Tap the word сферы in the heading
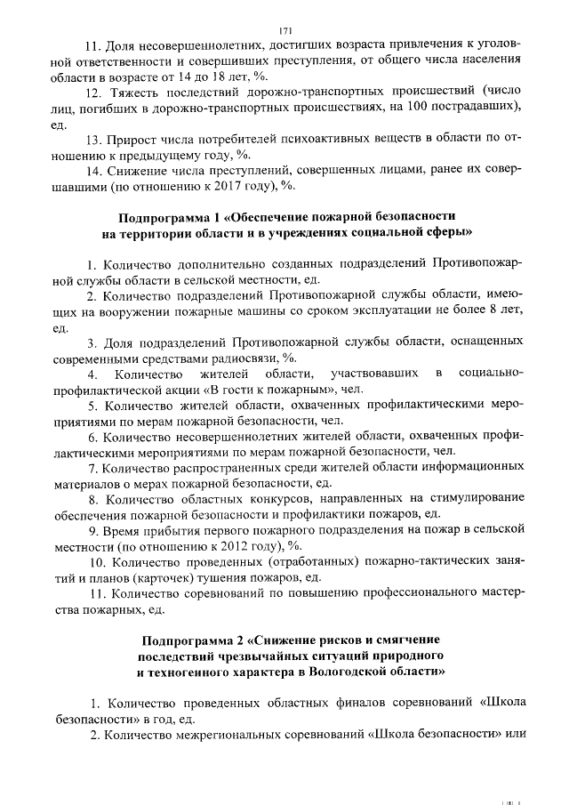450,233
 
